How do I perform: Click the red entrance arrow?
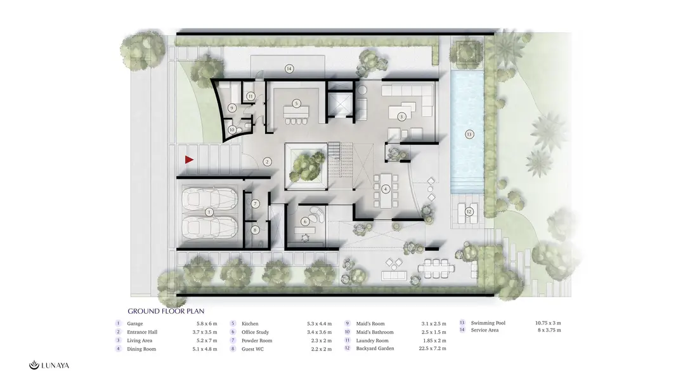coord(189,159)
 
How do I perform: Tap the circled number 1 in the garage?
coord(209,212)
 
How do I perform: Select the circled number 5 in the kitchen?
coord(296,104)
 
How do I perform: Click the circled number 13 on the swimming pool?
coord(469,134)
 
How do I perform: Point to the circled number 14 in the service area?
coord(289,69)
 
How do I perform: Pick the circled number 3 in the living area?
coord(401,116)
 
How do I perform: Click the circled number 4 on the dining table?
coord(386,189)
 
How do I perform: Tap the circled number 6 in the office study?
coord(305,222)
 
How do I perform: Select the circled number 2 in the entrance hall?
coord(268,162)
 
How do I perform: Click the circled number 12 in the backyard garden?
coord(469,211)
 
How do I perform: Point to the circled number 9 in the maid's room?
coord(232,108)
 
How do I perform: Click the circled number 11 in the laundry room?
coord(250,97)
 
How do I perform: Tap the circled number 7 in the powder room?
coord(255,204)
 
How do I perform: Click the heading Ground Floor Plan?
coord(166,311)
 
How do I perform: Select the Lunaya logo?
coord(49,366)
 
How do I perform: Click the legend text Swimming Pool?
coord(488,323)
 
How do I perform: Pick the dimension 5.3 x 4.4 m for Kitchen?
coord(320,324)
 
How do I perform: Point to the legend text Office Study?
coord(255,332)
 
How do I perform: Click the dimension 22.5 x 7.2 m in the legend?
coord(432,348)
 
